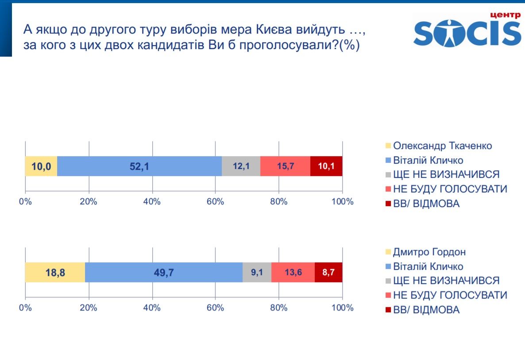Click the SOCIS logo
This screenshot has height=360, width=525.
[467, 30]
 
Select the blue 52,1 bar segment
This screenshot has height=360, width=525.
[139, 166]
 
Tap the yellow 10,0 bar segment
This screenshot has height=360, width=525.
[41, 166]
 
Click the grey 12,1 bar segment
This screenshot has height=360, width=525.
[241, 166]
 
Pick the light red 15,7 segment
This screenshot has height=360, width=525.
[285, 166]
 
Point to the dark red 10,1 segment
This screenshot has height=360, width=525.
[326, 166]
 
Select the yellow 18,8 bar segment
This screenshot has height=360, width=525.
[55, 272]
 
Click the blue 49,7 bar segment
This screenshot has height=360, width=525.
[164, 272]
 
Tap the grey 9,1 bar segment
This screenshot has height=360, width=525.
[257, 272]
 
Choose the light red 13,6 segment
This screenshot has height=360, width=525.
[293, 272]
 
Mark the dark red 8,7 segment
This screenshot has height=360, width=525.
[328, 272]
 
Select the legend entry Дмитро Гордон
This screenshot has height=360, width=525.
[429, 252]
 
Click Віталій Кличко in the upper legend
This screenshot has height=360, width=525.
[428, 160]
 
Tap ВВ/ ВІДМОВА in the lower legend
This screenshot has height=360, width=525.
[426, 310]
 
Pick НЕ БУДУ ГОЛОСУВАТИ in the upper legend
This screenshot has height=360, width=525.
[450, 189]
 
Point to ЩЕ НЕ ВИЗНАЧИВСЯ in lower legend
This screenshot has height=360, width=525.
[446, 280]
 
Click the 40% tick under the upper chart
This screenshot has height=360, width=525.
[152, 202]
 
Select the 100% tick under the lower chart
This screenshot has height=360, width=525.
[342, 308]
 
